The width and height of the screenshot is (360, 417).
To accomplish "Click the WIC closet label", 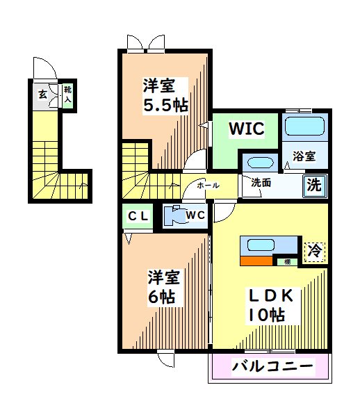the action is pos(247,129).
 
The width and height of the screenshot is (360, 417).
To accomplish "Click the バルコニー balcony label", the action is pos(273,367).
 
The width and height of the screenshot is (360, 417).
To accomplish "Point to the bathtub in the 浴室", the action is pos(304,126).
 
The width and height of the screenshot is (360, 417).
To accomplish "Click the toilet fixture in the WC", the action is pos(174,215).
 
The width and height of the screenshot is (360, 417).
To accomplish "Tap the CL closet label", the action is pos(138,216).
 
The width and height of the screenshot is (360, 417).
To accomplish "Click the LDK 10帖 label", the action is pos(271,306).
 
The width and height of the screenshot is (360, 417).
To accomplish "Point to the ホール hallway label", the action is pos(208,186).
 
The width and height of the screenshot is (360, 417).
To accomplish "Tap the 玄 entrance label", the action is pos(43,94).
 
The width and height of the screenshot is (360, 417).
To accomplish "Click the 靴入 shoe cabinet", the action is pos(68,95).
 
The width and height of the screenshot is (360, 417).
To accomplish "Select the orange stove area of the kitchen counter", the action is pos(256,261).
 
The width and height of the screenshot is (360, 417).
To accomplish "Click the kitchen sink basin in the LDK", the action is pos(261,245).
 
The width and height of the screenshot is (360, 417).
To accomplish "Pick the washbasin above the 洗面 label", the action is pos(260,162).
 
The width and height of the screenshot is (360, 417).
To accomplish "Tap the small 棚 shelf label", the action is pos(288,262).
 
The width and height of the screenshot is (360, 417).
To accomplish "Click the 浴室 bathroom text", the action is pos(304,156).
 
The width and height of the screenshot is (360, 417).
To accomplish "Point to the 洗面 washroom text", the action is pos(261,183).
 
